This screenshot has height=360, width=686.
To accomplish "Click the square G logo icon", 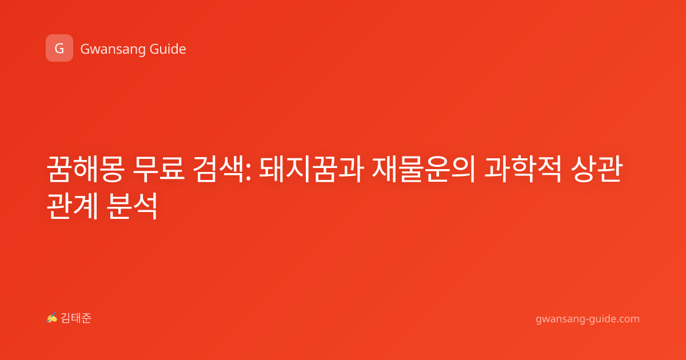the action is (59, 48).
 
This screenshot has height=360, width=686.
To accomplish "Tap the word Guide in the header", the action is (168, 49).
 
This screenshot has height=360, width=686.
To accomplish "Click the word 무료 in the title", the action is (158, 169).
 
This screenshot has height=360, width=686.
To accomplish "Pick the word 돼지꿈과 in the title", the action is (312, 169).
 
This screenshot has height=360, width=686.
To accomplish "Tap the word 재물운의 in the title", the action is (424, 169).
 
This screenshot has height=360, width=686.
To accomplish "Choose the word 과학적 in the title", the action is (523, 169).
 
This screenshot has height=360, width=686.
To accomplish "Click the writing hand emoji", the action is (52, 318).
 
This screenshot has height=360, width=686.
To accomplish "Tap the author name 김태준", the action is (76, 318).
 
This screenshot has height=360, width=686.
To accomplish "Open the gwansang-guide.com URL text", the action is (588, 319).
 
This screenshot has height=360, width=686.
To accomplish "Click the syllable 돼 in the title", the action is (272, 169).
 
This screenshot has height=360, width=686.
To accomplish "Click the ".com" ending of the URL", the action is (627, 319).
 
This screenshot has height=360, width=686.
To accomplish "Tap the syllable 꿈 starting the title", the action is (59, 169).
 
